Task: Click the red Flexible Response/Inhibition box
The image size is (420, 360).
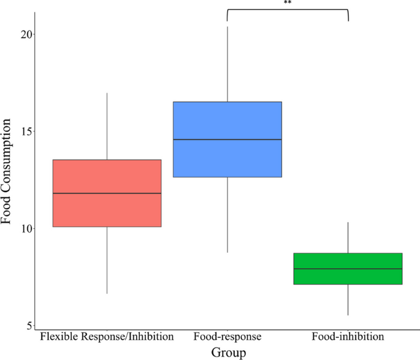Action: click(x=107, y=178)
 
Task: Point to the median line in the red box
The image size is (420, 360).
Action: click(x=107, y=193)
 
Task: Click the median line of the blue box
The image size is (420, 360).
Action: click(x=227, y=139)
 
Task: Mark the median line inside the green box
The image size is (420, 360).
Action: click(x=348, y=269)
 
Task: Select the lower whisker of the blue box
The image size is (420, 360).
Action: click(x=227, y=215)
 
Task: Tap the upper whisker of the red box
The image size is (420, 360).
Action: click(x=107, y=126)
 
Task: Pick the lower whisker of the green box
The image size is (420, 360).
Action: click(x=348, y=300)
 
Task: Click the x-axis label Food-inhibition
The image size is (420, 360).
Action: click(x=348, y=337)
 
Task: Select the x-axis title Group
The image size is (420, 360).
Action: click(x=228, y=352)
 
